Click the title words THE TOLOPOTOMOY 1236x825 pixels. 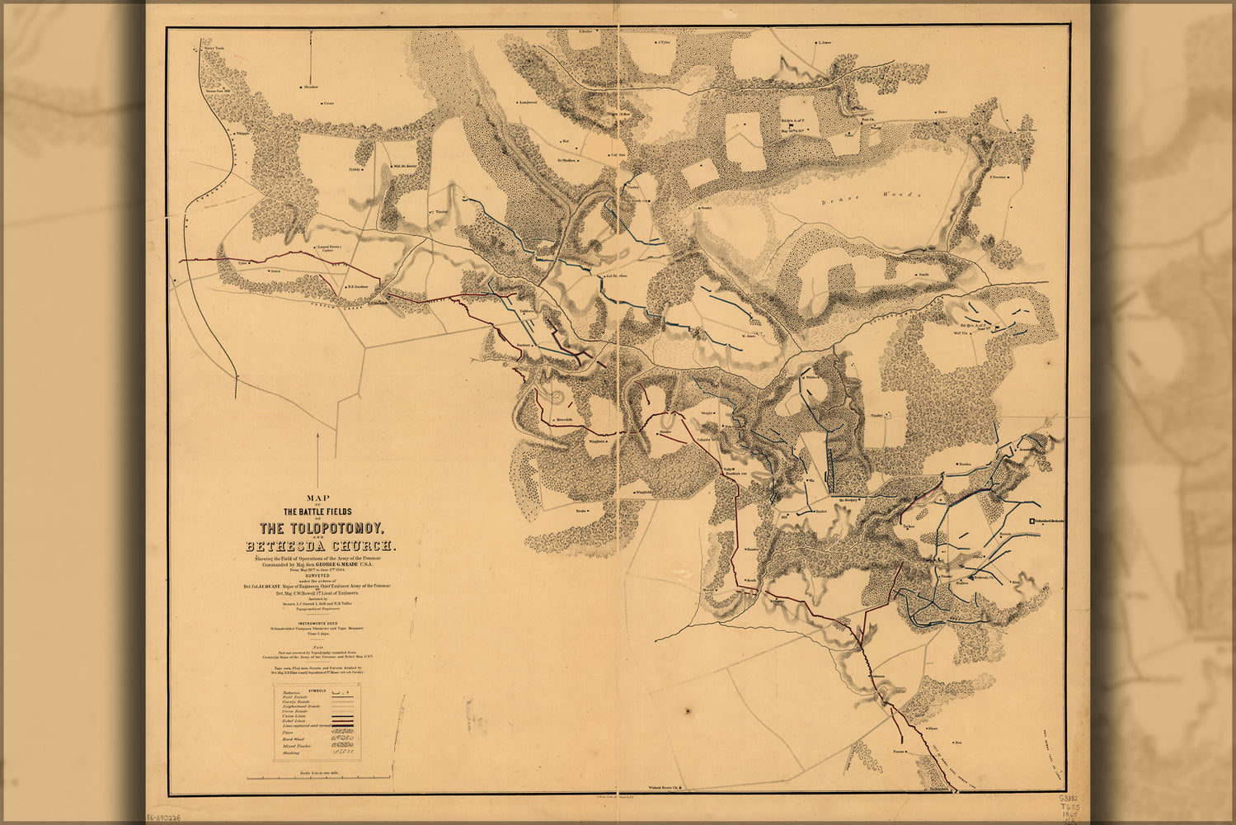coord(320,528)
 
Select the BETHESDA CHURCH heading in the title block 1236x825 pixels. coord(320,546)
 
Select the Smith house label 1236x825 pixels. coord(923,274)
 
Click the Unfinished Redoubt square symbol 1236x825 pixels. coord(1032,521)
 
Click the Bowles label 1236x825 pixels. coord(965,465)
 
